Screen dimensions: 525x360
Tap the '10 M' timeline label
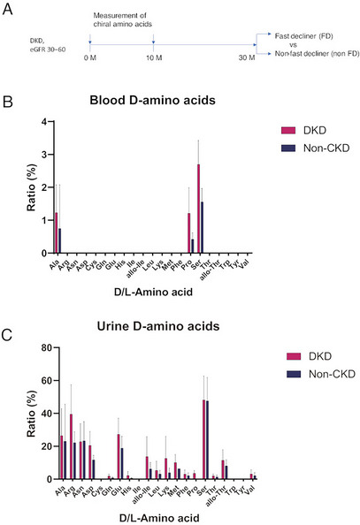point(154,57)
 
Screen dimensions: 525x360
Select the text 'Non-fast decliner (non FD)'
point(310,52)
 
